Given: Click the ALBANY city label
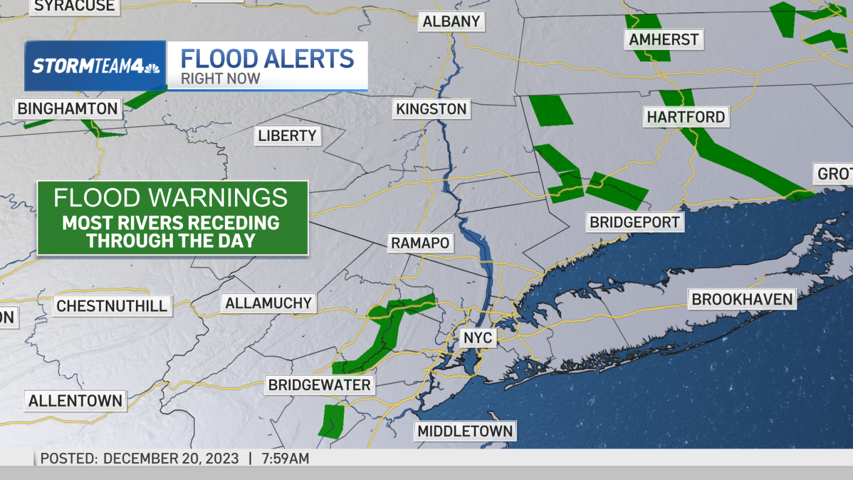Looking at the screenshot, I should point(451,22).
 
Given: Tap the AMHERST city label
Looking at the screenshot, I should point(663,40).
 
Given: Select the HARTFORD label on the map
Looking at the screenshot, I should point(686,117).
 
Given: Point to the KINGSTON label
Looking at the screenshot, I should point(431,109).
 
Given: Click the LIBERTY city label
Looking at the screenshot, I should point(287,135).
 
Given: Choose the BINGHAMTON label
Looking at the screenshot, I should point(68,108).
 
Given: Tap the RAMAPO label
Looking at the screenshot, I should point(420,243).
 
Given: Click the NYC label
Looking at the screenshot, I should point(478,338).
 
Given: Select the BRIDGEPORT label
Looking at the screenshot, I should point(634,222).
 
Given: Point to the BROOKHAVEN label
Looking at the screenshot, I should point(742,299).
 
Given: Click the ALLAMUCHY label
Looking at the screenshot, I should point(269,303).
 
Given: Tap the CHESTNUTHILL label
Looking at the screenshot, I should point(112,306).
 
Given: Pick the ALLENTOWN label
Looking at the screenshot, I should point(75,401).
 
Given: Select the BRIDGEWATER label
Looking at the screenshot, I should point(320,385).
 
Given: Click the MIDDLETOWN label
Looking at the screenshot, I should point(465,431).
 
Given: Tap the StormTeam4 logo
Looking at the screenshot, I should point(95,66).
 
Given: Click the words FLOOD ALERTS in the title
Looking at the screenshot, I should point(267,59).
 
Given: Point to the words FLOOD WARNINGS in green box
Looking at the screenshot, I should point(171,198).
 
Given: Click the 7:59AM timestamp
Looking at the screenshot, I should point(285,458).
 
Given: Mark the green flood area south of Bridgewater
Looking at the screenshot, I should point(331,421).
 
